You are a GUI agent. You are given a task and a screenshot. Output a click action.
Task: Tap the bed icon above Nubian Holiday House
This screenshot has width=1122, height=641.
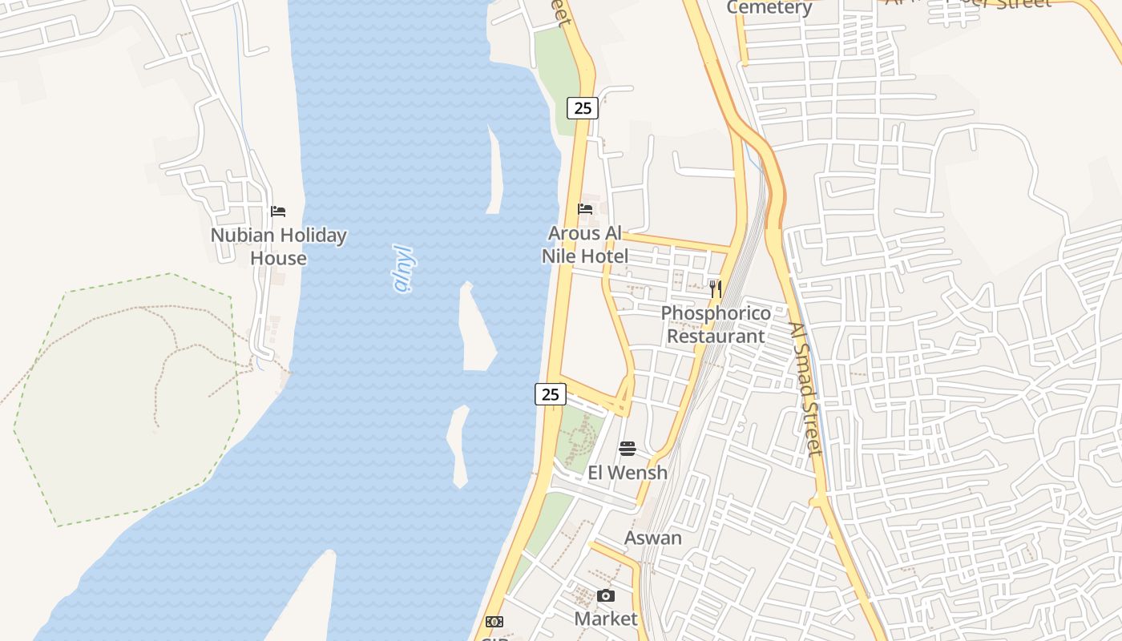point(278,212)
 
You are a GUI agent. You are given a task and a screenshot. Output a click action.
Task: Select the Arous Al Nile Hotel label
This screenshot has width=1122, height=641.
point(585,244)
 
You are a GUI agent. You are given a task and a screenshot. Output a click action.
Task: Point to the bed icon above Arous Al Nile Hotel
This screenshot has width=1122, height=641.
point(585,209)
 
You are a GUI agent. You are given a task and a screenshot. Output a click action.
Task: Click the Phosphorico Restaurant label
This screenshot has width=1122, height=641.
point(716,324)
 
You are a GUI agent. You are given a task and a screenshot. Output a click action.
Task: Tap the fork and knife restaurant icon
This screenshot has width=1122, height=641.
point(716,288)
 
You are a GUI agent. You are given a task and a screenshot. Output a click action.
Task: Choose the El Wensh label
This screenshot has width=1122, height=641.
point(628,473)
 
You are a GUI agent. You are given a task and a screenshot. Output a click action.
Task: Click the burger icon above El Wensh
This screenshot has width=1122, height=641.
point(628,449)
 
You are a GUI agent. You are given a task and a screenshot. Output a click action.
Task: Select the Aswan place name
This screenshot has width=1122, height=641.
point(653,538)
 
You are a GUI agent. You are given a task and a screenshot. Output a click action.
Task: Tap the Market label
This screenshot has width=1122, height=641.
point(606,619)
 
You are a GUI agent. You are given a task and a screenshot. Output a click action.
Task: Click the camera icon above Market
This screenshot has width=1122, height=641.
point(606,595)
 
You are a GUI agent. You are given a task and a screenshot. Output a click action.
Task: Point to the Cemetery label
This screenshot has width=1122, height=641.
point(769,8)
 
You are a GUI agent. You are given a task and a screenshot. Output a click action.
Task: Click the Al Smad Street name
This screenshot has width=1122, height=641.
point(805,389)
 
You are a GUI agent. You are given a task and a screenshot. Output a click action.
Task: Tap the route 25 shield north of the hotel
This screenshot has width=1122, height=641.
point(583,107)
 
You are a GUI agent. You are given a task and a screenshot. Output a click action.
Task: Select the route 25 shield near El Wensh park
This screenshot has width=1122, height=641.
point(550,394)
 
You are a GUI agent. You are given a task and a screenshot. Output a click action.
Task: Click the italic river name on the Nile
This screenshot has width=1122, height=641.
point(406,268)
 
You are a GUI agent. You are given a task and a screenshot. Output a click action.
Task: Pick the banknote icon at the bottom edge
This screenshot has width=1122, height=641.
point(494,622)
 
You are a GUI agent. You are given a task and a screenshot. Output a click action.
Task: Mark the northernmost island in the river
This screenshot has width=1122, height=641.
point(494,172)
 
